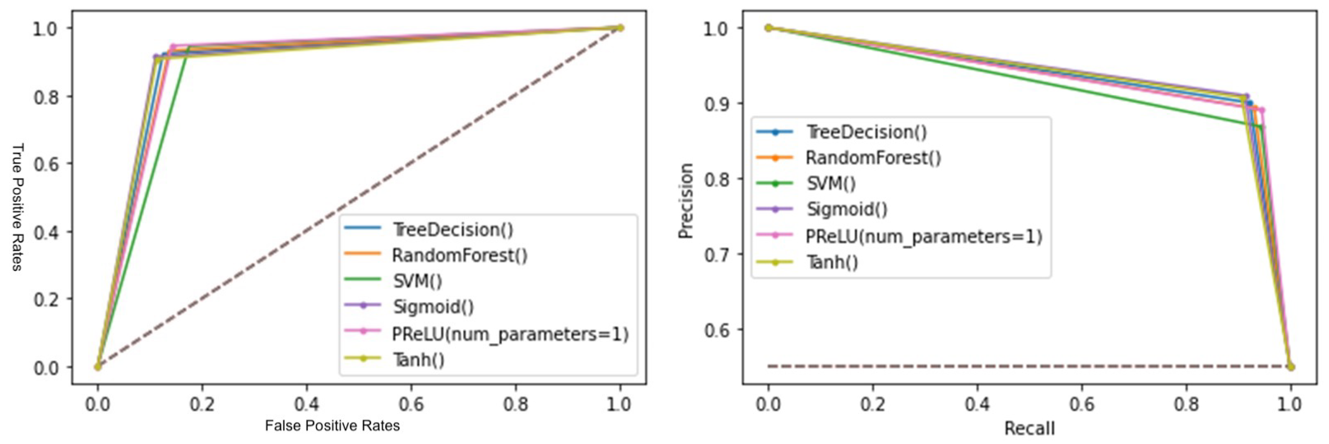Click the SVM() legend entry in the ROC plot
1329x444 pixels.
click(417, 281)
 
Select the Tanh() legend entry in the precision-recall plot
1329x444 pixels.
click(832, 262)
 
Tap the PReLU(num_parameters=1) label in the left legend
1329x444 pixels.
click(510, 334)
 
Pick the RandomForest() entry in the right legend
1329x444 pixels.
click(873, 157)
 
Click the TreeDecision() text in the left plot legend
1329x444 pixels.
click(452, 230)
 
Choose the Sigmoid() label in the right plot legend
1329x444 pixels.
click(847, 209)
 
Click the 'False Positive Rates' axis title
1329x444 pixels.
click(332, 426)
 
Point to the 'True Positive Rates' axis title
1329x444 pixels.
click(18, 207)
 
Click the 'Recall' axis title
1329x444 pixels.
click(1029, 428)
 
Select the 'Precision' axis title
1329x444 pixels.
click(685, 201)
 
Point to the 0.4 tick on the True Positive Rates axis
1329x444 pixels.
click(46, 232)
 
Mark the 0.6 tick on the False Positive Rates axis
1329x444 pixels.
click(411, 404)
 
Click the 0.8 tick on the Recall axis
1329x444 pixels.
click(1186, 404)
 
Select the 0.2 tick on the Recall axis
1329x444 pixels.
click(873, 404)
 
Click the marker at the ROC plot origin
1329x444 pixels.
click(97, 367)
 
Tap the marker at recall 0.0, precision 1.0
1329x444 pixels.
click(768, 28)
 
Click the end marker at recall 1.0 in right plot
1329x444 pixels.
click(1290, 367)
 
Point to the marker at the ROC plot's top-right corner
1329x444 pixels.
click(620, 28)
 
